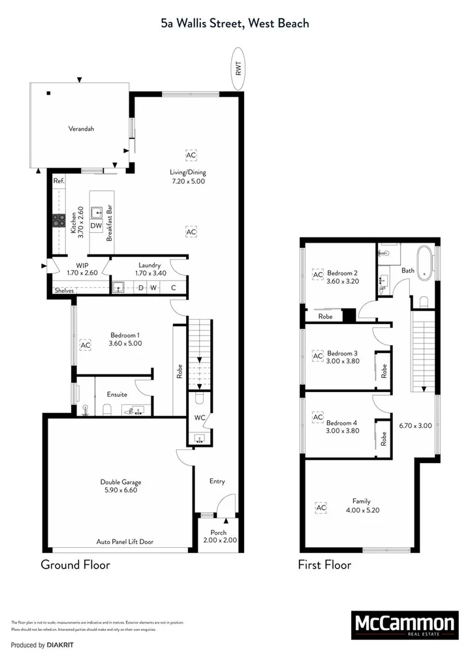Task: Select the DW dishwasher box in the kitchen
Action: click(x=96, y=226)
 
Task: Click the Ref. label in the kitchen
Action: click(x=59, y=181)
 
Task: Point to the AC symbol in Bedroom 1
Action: click(x=85, y=344)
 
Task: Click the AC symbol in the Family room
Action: click(x=321, y=507)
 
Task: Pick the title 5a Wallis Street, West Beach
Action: click(x=235, y=23)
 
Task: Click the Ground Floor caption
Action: click(x=75, y=565)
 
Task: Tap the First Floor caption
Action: click(x=324, y=565)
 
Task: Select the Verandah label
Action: click(x=82, y=129)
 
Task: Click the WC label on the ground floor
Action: click(x=200, y=418)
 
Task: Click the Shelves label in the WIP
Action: click(x=63, y=291)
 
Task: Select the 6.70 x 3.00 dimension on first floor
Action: click(x=415, y=425)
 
